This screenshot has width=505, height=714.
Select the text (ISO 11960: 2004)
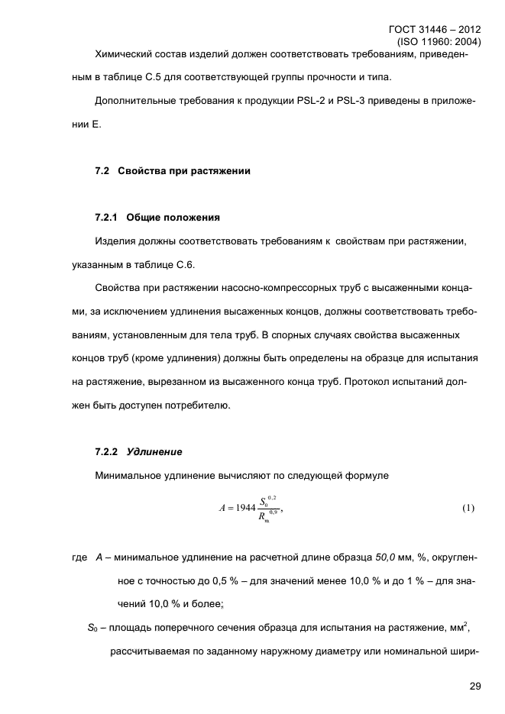click(x=439, y=43)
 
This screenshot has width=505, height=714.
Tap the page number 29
click(x=474, y=687)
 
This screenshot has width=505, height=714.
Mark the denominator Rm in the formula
click(x=264, y=518)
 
